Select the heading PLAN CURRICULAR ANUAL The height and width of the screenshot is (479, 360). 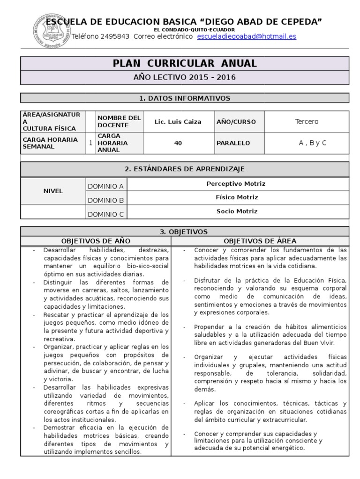(x=185, y=64)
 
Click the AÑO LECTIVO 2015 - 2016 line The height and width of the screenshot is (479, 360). (x=185, y=77)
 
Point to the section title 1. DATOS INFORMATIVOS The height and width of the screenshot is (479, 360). (x=185, y=98)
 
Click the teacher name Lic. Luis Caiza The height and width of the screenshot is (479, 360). (x=178, y=122)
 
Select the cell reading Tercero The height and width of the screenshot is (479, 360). (x=307, y=122)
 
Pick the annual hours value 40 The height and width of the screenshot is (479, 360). (x=178, y=143)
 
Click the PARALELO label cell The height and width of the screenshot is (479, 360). (x=233, y=143)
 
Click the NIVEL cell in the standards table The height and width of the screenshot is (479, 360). (x=53, y=191)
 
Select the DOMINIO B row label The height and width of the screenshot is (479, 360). (x=105, y=200)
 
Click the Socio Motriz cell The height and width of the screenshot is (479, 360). (x=237, y=211)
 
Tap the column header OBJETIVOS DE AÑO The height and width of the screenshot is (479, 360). (x=96, y=241)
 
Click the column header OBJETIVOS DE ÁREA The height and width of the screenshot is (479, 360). (x=260, y=241)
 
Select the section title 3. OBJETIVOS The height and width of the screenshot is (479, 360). (x=185, y=232)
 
